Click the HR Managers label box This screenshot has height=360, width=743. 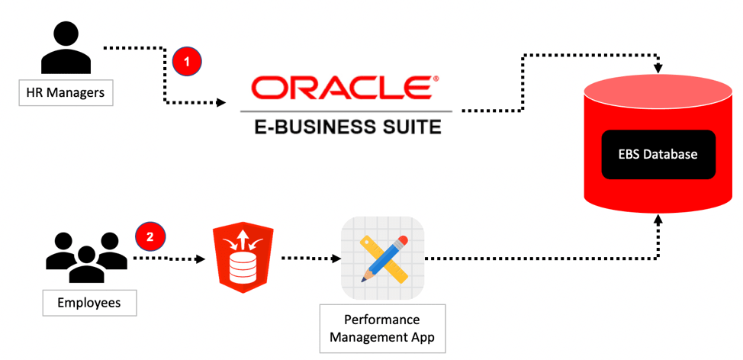coord(66,94)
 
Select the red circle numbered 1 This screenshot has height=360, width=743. coord(186,62)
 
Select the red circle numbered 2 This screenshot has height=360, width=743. coord(150,236)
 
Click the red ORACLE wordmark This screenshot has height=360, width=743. coord(339,88)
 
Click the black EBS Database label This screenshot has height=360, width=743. coord(658,154)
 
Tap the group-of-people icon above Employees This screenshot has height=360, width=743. coord(86,255)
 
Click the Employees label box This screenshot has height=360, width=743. coord(89,303)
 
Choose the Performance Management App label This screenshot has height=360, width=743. coord(381,328)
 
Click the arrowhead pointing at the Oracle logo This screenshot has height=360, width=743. coord(222,101)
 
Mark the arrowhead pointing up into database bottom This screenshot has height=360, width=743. coord(658,220)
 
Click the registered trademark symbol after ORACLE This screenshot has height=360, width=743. coord(436,79)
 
